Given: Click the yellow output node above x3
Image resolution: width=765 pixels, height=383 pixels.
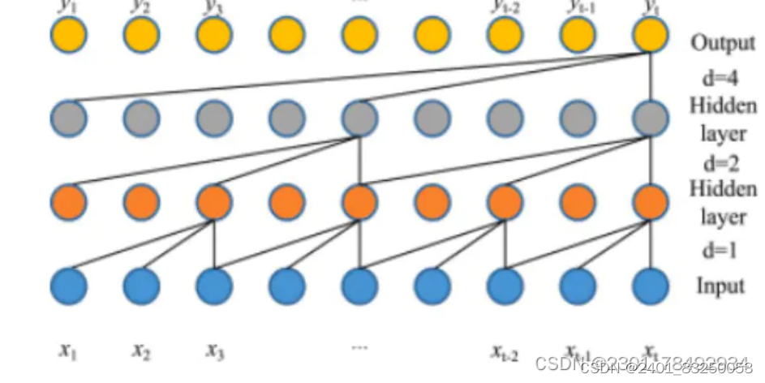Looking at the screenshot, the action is pos(214,35).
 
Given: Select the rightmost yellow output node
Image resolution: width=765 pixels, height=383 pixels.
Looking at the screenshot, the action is pos(651,35).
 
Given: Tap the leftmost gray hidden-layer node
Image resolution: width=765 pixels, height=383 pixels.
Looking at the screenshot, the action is pos(69,118).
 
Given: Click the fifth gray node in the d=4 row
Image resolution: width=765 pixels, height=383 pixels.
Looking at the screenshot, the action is pos(359,118).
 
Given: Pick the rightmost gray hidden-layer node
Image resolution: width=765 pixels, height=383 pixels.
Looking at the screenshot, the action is pos(651,118).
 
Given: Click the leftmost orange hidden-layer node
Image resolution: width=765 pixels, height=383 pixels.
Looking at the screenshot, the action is pos(69,202).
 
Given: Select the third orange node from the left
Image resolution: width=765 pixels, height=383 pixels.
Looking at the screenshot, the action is pos(214,202).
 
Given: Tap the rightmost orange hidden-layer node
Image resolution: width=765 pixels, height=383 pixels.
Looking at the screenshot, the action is pos(651,202).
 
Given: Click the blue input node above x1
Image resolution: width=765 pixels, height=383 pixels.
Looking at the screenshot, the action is pos(69,286).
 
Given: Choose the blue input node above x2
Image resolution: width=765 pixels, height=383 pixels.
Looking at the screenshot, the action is pos(142,286).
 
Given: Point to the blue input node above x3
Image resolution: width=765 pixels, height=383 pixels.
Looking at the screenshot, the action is pos(214,286).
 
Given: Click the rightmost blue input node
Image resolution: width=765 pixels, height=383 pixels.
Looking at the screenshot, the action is pos(651,286).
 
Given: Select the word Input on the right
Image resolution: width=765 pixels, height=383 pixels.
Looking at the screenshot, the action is pos(719,286).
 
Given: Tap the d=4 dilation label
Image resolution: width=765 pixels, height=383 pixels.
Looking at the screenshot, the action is pos(719,79).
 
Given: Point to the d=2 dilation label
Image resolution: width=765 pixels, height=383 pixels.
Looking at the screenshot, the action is pos(719,162).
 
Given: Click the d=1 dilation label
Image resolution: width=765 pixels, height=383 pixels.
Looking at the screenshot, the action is pos(719,251).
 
